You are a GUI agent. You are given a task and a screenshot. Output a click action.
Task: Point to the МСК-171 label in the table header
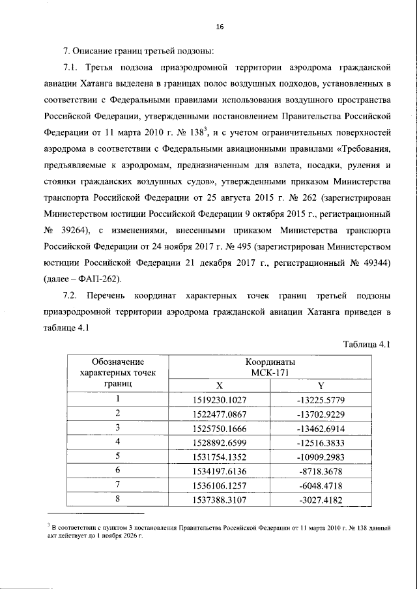click(x=270, y=372)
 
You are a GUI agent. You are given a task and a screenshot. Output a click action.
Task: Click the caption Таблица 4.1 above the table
click(x=366, y=345)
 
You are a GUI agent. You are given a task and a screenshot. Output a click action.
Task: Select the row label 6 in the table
click(x=118, y=470)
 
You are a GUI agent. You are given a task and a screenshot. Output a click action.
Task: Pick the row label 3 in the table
click(x=118, y=427)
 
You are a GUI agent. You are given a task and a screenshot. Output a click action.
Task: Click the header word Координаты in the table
click(x=270, y=361)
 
